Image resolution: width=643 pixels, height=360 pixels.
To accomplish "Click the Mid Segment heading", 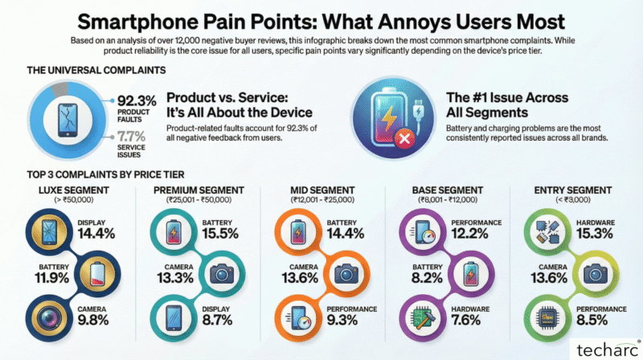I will (321, 190).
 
